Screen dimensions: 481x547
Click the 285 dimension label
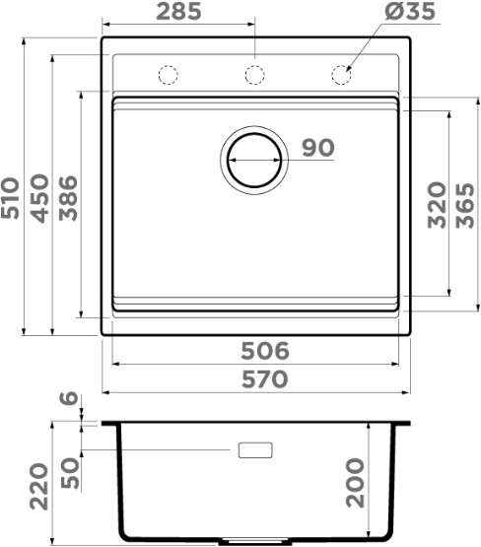point(178,11)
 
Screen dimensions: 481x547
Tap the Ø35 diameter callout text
point(410,11)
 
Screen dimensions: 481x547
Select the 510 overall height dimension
point(10,198)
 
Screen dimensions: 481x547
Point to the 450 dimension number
point(39,198)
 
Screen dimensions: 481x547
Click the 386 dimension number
point(68,198)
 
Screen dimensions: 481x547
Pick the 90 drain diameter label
point(317,148)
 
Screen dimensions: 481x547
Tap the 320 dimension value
point(437,205)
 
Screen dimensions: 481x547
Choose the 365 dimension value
point(465,205)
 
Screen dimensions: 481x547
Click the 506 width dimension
point(265,351)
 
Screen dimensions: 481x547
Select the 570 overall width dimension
point(265,379)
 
